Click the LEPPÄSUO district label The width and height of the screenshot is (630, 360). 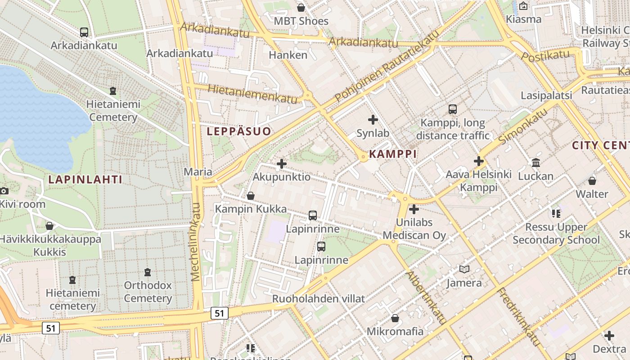coord(239,131)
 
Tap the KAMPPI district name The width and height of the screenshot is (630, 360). coord(392,154)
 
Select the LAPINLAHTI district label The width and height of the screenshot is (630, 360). coord(85,180)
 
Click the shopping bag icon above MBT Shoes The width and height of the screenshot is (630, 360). coord(301,8)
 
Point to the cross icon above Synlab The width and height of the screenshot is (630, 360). coord(373,120)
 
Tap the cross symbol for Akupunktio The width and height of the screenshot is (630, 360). coord(282,164)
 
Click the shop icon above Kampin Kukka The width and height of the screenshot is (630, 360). coord(251,196)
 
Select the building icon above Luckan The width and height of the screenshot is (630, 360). coord(535,162)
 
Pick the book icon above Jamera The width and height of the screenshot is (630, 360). coord(464,270)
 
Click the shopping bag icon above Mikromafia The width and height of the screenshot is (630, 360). coord(395,318)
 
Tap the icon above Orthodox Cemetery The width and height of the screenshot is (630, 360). coord(148,272)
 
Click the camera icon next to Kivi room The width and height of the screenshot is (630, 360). coord(4,191)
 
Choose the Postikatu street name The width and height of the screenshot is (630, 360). coord(545,56)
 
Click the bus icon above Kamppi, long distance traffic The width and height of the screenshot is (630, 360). coord(452,109)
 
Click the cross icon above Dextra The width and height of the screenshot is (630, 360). coord(609,336)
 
